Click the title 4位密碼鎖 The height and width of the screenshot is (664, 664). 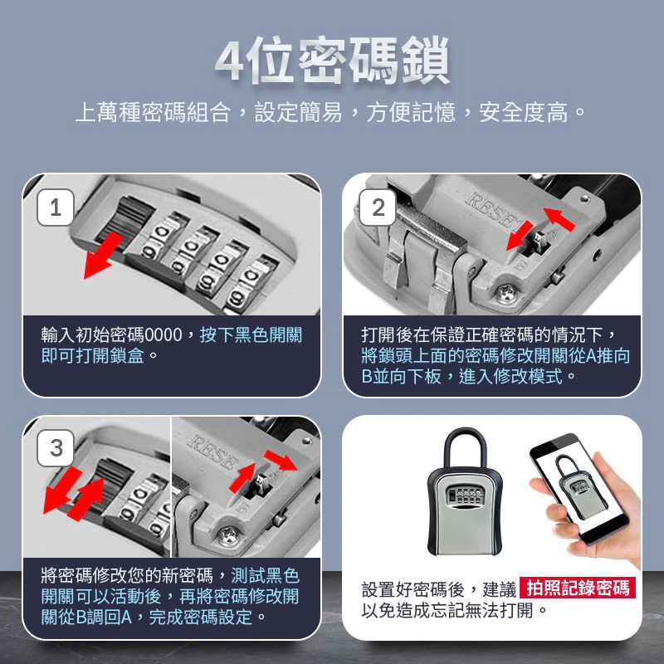332,59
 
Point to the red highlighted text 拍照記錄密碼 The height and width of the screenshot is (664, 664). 578,588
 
